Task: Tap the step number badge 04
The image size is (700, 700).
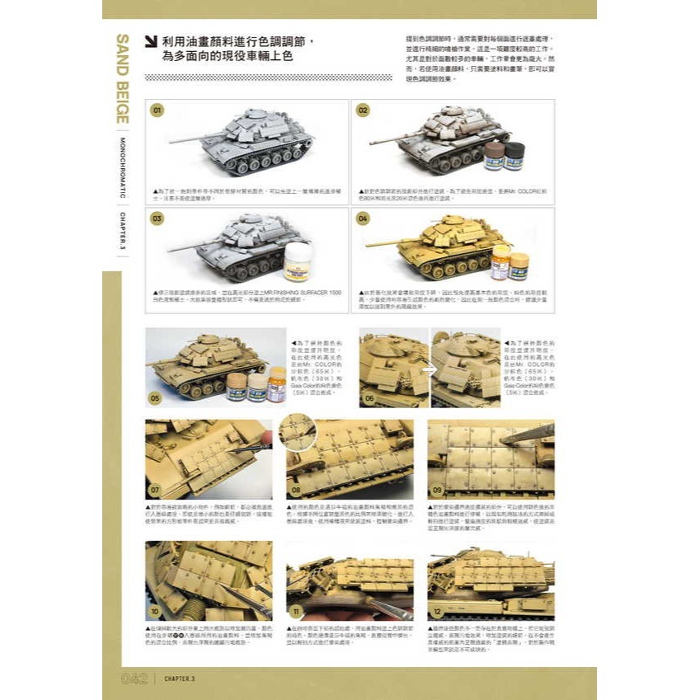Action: click(363, 218)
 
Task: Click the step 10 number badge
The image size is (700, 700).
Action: click(155, 612)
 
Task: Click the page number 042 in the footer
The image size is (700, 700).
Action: click(134, 678)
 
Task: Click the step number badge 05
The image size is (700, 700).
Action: click(155, 397)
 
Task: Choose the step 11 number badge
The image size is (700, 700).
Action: click(296, 612)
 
